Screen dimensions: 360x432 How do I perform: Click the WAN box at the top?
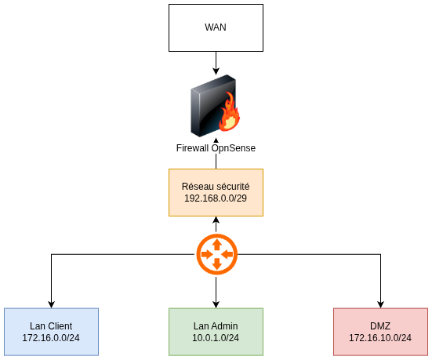click(216, 27)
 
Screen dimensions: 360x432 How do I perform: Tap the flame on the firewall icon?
click(230, 115)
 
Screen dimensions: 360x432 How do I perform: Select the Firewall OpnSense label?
click(216, 147)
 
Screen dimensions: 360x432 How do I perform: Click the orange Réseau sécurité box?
click(216, 192)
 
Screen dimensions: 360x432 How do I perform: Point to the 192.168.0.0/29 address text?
click(216, 198)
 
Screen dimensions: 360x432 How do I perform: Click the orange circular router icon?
click(216, 255)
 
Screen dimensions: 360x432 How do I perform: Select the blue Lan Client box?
click(51, 331)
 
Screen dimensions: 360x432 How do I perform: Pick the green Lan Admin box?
click(216, 331)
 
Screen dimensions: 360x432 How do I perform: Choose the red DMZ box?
click(380, 331)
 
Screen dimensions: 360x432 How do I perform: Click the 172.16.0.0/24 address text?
click(51, 337)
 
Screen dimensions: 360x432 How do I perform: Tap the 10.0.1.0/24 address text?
click(216, 337)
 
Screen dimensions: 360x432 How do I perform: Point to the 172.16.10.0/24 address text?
click(380, 337)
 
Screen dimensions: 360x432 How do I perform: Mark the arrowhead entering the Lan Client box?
click(51, 304)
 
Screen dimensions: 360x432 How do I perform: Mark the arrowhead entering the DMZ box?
click(380, 304)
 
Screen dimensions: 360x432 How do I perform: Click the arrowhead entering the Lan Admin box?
click(216, 304)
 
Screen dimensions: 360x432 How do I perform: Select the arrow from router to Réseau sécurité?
click(216, 224)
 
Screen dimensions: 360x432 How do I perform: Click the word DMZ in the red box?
click(380, 325)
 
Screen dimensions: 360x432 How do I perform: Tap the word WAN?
click(216, 27)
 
